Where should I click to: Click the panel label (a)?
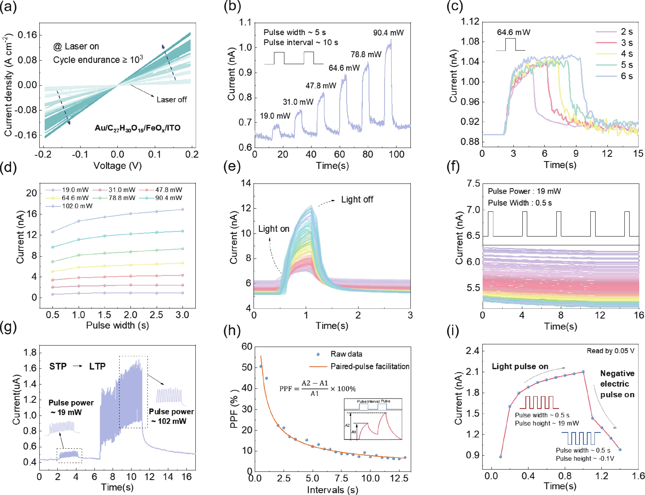tap(8, 7)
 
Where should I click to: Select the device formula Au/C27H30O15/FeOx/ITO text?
tap(137, 128)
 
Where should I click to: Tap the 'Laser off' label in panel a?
tap(171, 100)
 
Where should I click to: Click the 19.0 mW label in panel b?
tap(275, 116)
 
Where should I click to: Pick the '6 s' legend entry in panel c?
tap(626, 76)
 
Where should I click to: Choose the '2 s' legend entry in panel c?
tap(626, 32)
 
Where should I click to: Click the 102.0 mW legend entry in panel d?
tap(77, 206)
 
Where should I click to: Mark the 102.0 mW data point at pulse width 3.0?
tap(182, 209)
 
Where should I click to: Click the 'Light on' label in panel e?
tap(274, 229)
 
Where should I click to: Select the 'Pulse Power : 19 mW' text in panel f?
tap(524, 191)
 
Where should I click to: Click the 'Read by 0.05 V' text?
tap(610, 351)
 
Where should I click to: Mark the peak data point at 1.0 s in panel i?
tap(583, 372)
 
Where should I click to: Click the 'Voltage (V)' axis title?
tap(118, 166)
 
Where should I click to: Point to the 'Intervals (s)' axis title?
tap(332, 490)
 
